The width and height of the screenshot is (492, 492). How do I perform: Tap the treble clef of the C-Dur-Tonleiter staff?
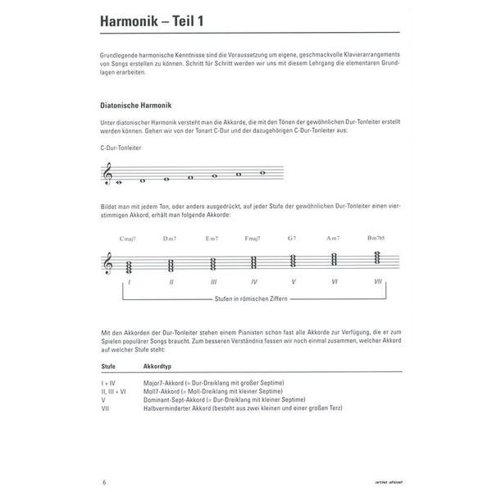point(107,175)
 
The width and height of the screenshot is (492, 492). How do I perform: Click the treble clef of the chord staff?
point(107,263)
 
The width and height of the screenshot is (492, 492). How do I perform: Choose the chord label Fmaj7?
point(253,239)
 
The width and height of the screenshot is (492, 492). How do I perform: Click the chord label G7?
point(294,239)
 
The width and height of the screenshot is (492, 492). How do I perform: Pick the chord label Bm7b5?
point(378,239)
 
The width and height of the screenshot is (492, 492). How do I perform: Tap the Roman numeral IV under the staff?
point(253,281)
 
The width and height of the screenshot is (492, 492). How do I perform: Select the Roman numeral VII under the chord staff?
point(378,281)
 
